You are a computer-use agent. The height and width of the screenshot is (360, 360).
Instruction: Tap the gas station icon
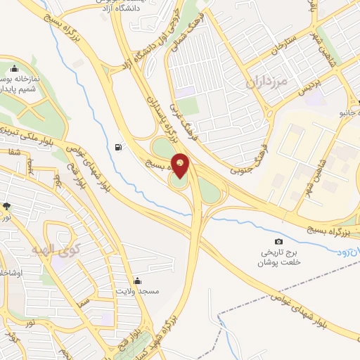(x=117, y=147)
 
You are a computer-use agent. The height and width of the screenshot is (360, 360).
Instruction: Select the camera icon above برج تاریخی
(x=278, y=241)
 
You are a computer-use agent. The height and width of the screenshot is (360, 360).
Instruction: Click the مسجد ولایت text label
(x=138, y=291)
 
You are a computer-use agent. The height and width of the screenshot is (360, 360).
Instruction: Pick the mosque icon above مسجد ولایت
(x=137, y=279)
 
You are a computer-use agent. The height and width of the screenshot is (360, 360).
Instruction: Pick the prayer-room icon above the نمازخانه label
(x=14, y=68)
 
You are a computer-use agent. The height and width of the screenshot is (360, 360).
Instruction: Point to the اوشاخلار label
(x=10, y=271)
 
